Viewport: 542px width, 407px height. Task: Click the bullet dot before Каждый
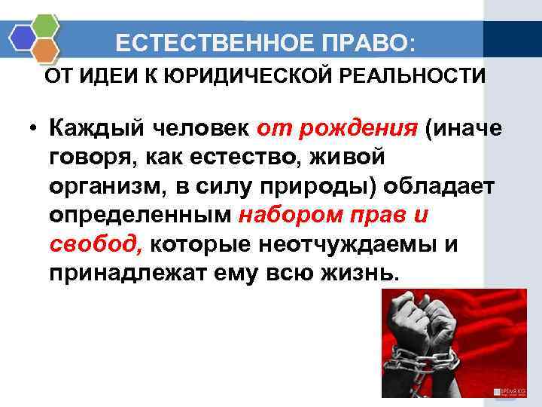click(33, 130)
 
